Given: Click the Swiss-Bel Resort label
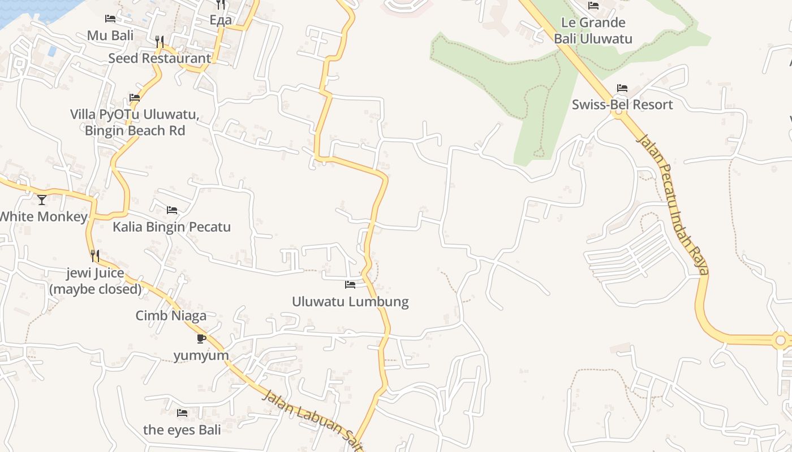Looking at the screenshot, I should tap(622, 105).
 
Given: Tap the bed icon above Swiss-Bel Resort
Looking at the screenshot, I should tap(622, 88).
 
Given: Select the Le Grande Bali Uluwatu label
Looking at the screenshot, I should tap(593, 31).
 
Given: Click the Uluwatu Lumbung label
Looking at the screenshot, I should tap(350, 301).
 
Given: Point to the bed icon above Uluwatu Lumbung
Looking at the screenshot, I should tap(350, 284).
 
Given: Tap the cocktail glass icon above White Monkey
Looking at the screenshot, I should tap(42, 199).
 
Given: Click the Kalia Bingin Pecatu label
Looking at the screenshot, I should tap(171, 227).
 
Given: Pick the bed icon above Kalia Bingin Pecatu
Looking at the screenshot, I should tap(172, 210).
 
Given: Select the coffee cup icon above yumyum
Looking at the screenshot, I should tap(201, 338).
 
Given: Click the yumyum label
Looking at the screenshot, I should tap(201, 355).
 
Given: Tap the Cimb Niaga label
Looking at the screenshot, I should tap(171, 315).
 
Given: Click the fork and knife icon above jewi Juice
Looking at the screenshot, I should tap(95, 256).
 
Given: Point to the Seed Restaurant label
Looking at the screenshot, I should tap(160, 58).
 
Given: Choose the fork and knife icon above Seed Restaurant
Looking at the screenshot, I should tap(160, 42).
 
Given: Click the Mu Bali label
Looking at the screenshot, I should tap(110, 36).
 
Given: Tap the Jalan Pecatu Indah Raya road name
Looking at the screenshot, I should tap(673, 203).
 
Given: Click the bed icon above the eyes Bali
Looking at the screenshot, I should tap(182, 413).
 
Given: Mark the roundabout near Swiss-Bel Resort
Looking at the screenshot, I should tap(618, 112).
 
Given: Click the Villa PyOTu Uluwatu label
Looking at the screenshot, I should tap(135, 122).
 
